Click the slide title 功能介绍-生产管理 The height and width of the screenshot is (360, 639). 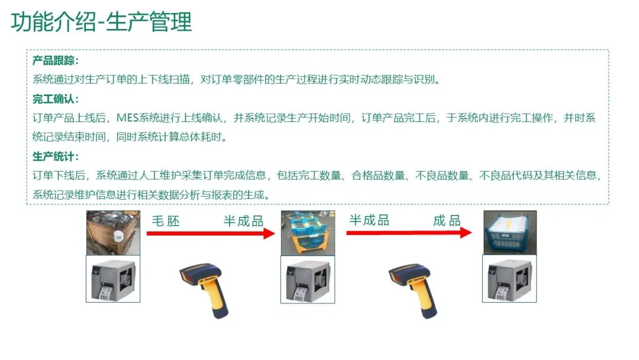(x=101, y=22)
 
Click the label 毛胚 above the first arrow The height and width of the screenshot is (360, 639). (x=166, y=221)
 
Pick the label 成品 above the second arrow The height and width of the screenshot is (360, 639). (x=447, y=221)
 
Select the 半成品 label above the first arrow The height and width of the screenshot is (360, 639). (x=243, y=221)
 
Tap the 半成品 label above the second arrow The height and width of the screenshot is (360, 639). (x=369, y=220)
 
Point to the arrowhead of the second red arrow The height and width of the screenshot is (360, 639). (x=466, y=232)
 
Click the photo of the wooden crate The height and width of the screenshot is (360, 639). (x=113, y=233)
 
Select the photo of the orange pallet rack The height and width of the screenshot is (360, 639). (x=308, y=233)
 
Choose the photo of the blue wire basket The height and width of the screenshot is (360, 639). (x=510, y=232)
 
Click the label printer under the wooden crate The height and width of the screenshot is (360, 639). (x=113, y=279)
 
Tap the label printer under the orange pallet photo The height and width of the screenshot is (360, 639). (x=308, y=279)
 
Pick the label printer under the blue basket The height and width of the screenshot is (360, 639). (x=509, y=278)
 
